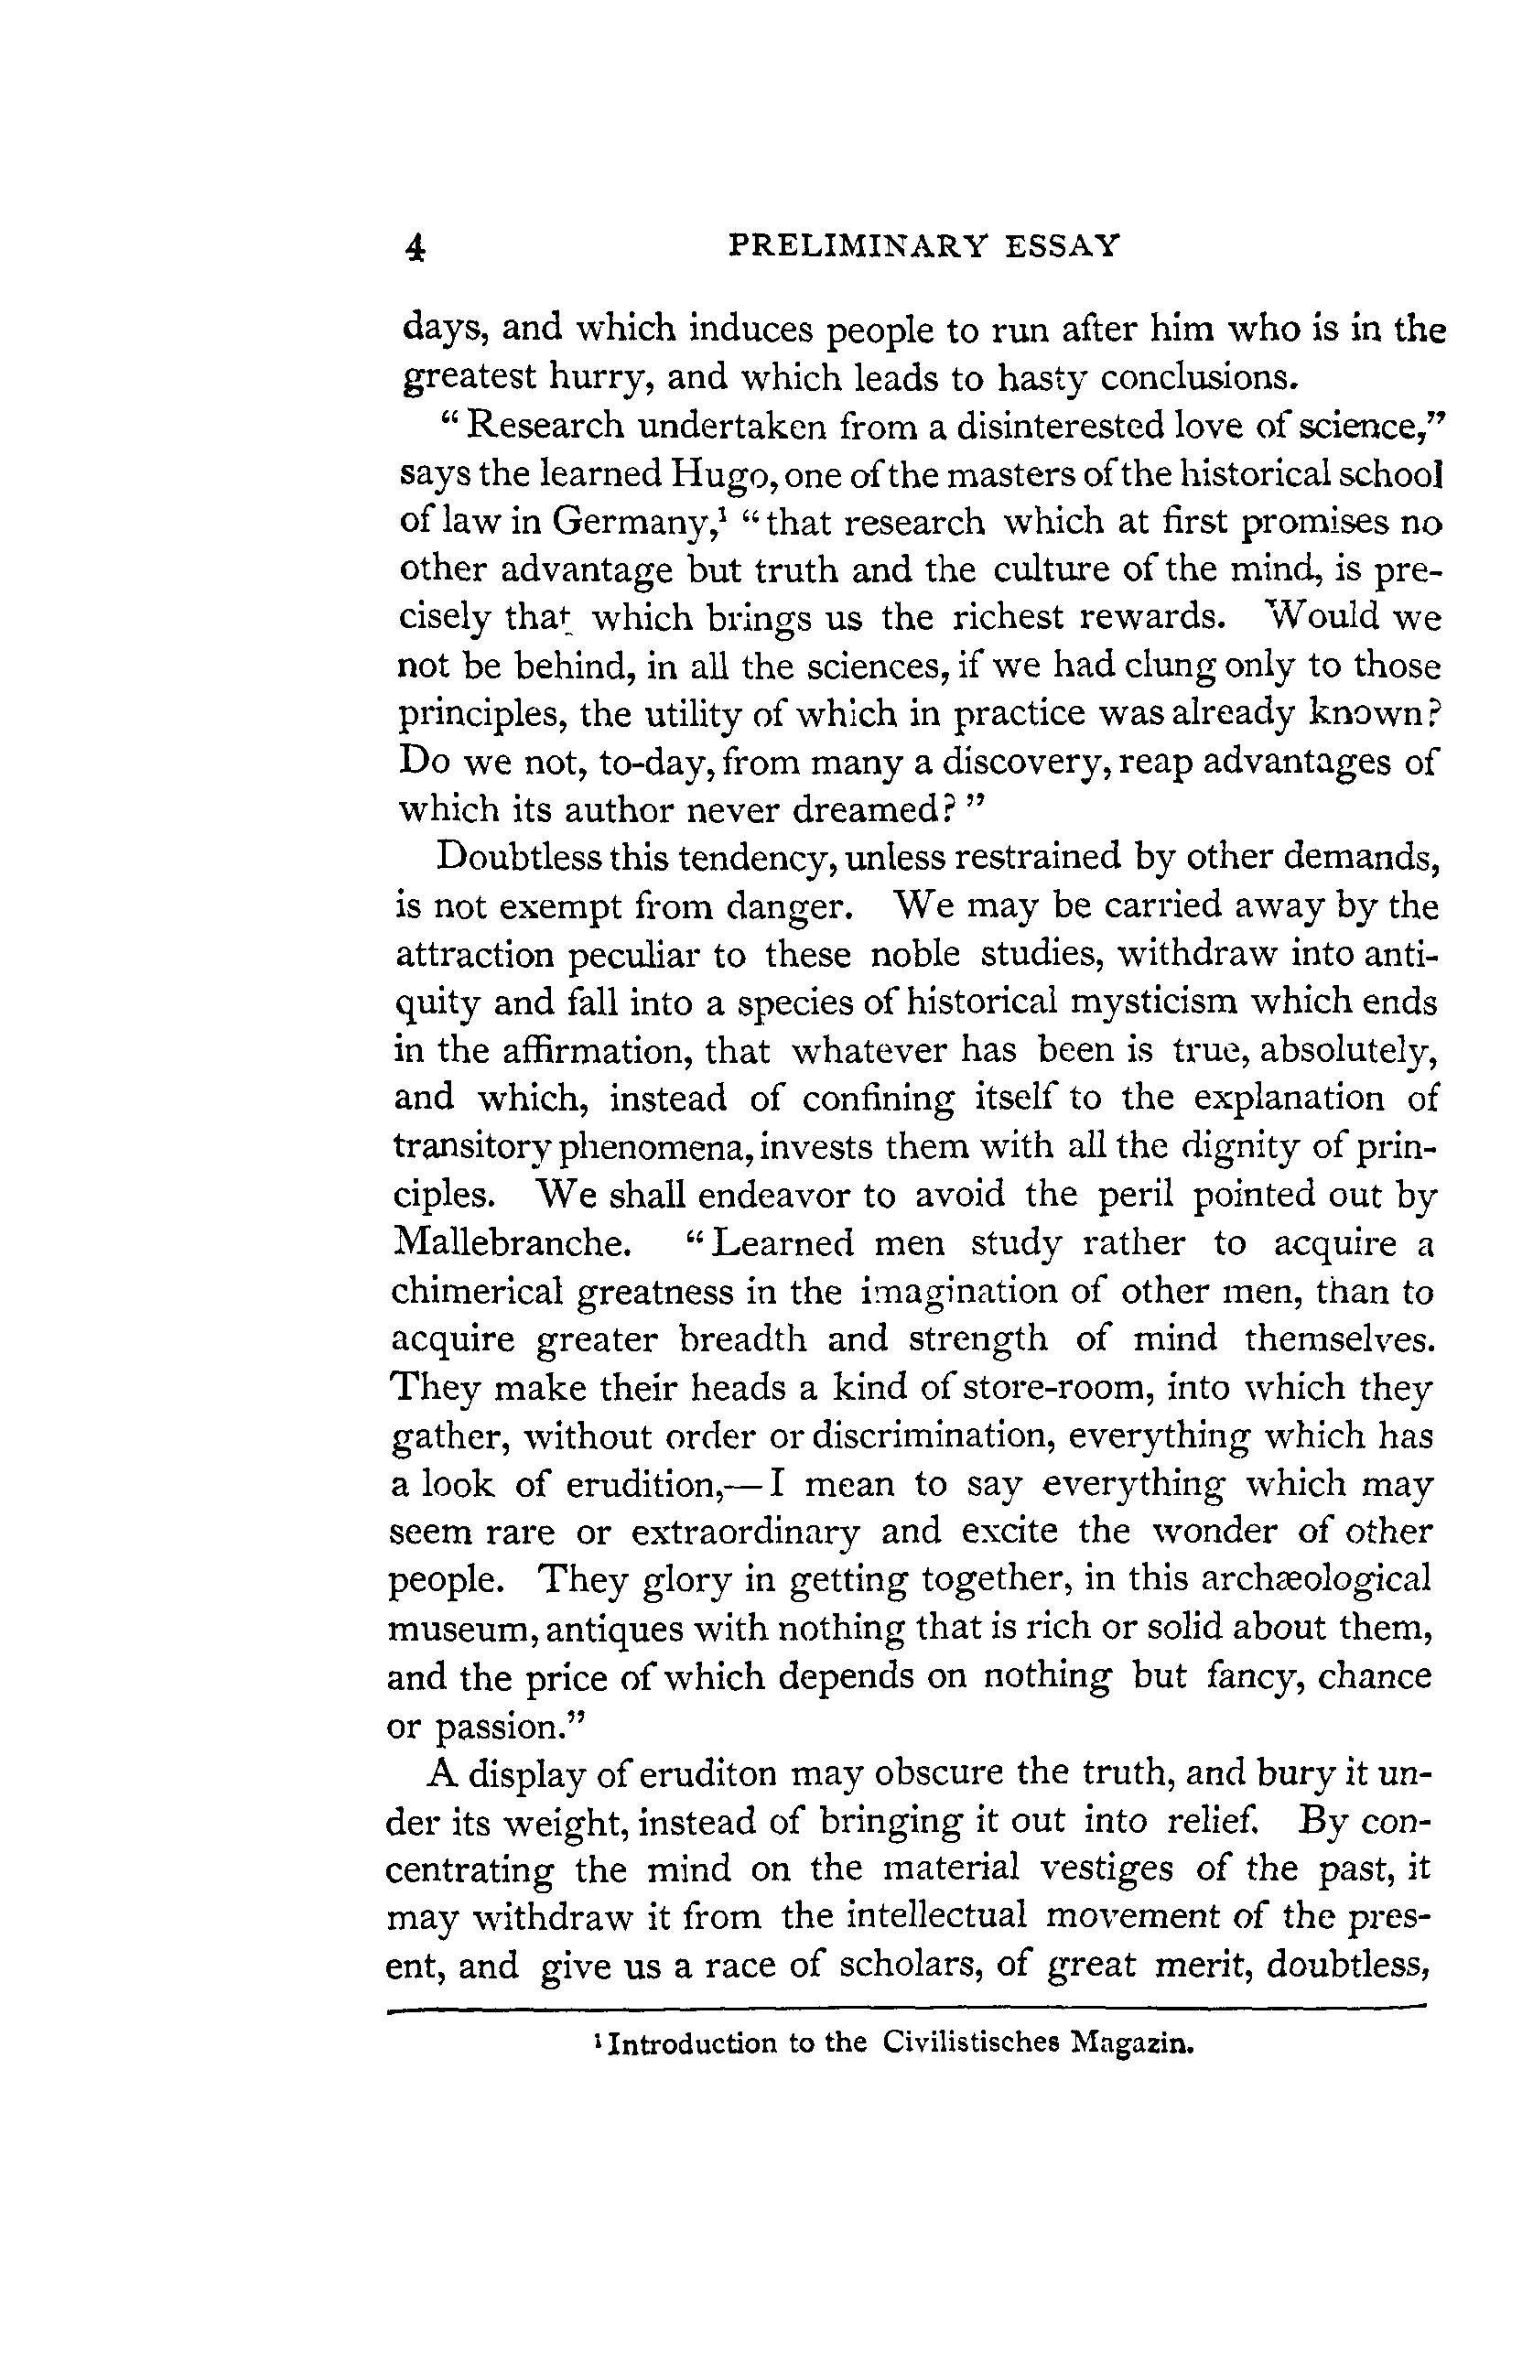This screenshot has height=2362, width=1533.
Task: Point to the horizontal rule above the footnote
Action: [x=905, y=2010]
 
